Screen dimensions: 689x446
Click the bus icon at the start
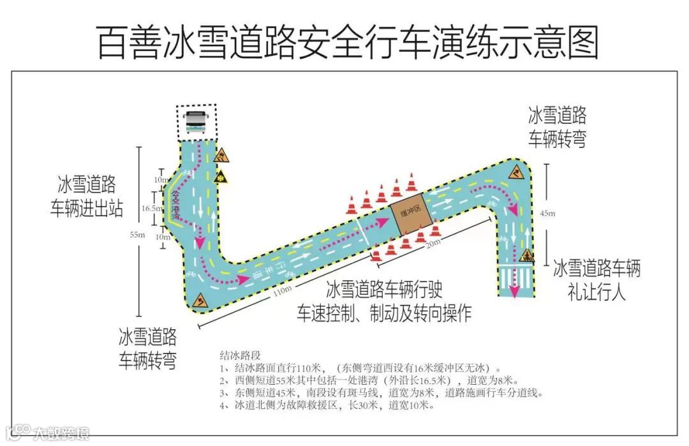point(196,122)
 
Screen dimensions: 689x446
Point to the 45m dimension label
point(547,213)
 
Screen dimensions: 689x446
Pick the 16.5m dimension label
point(150,208)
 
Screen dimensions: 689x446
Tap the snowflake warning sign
point(221,177)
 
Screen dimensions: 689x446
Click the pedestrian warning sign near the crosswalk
point(527,256)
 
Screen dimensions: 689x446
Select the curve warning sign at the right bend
point(517,172)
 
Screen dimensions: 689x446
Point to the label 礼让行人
point(596,292)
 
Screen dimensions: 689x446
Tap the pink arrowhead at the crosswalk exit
point(515,292)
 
